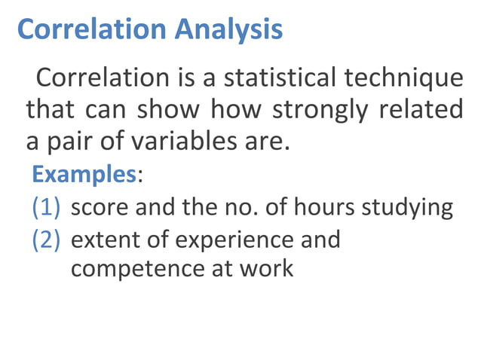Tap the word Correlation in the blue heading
(x=90, y=29)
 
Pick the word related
(x=421, y=110)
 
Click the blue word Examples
(x=83, y=175)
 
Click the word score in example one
(x=98, y=207)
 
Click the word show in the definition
(x=168, y=110)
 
